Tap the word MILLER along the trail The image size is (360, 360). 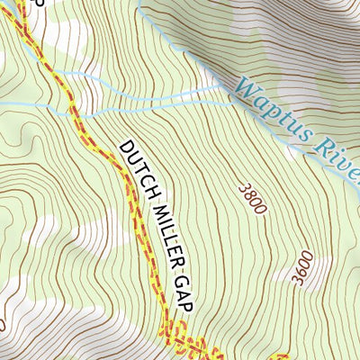[159, 229]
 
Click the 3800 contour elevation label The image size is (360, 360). [254, 198]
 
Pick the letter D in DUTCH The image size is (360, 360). [125, 146]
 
